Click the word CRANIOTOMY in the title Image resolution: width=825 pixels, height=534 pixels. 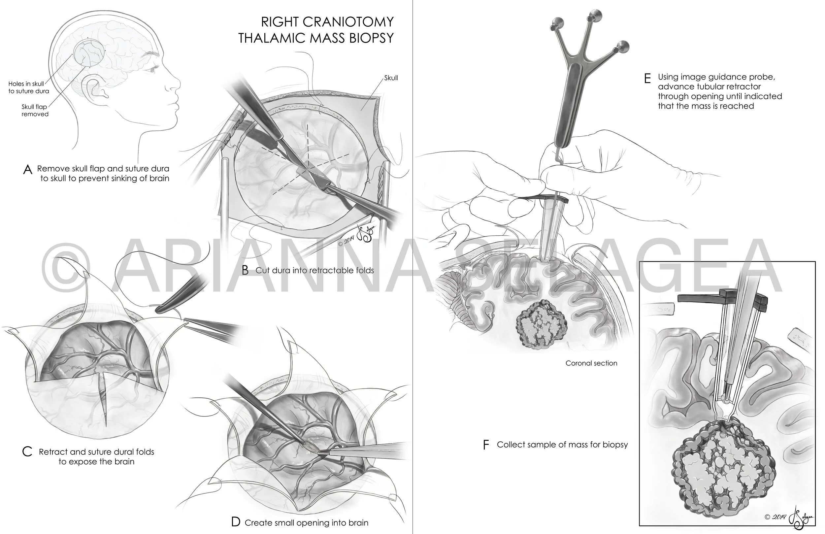(x=348, y=22)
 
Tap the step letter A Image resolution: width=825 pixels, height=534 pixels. (x=27, y=170)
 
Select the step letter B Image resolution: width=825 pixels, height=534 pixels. (x=245, y=270)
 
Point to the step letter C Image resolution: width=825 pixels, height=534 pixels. (x=27, y=452)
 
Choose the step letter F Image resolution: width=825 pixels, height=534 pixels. (x=486, y=445)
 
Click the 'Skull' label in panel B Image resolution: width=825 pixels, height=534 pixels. (x=391, y=78)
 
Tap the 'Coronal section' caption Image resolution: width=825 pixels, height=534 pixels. (x=591, y=363)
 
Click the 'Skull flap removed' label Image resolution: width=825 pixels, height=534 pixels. (x=35, y=110)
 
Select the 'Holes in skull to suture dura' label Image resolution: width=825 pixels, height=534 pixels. (x=29, y=87)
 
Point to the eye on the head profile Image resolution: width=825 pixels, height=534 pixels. (x=151, y=70)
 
